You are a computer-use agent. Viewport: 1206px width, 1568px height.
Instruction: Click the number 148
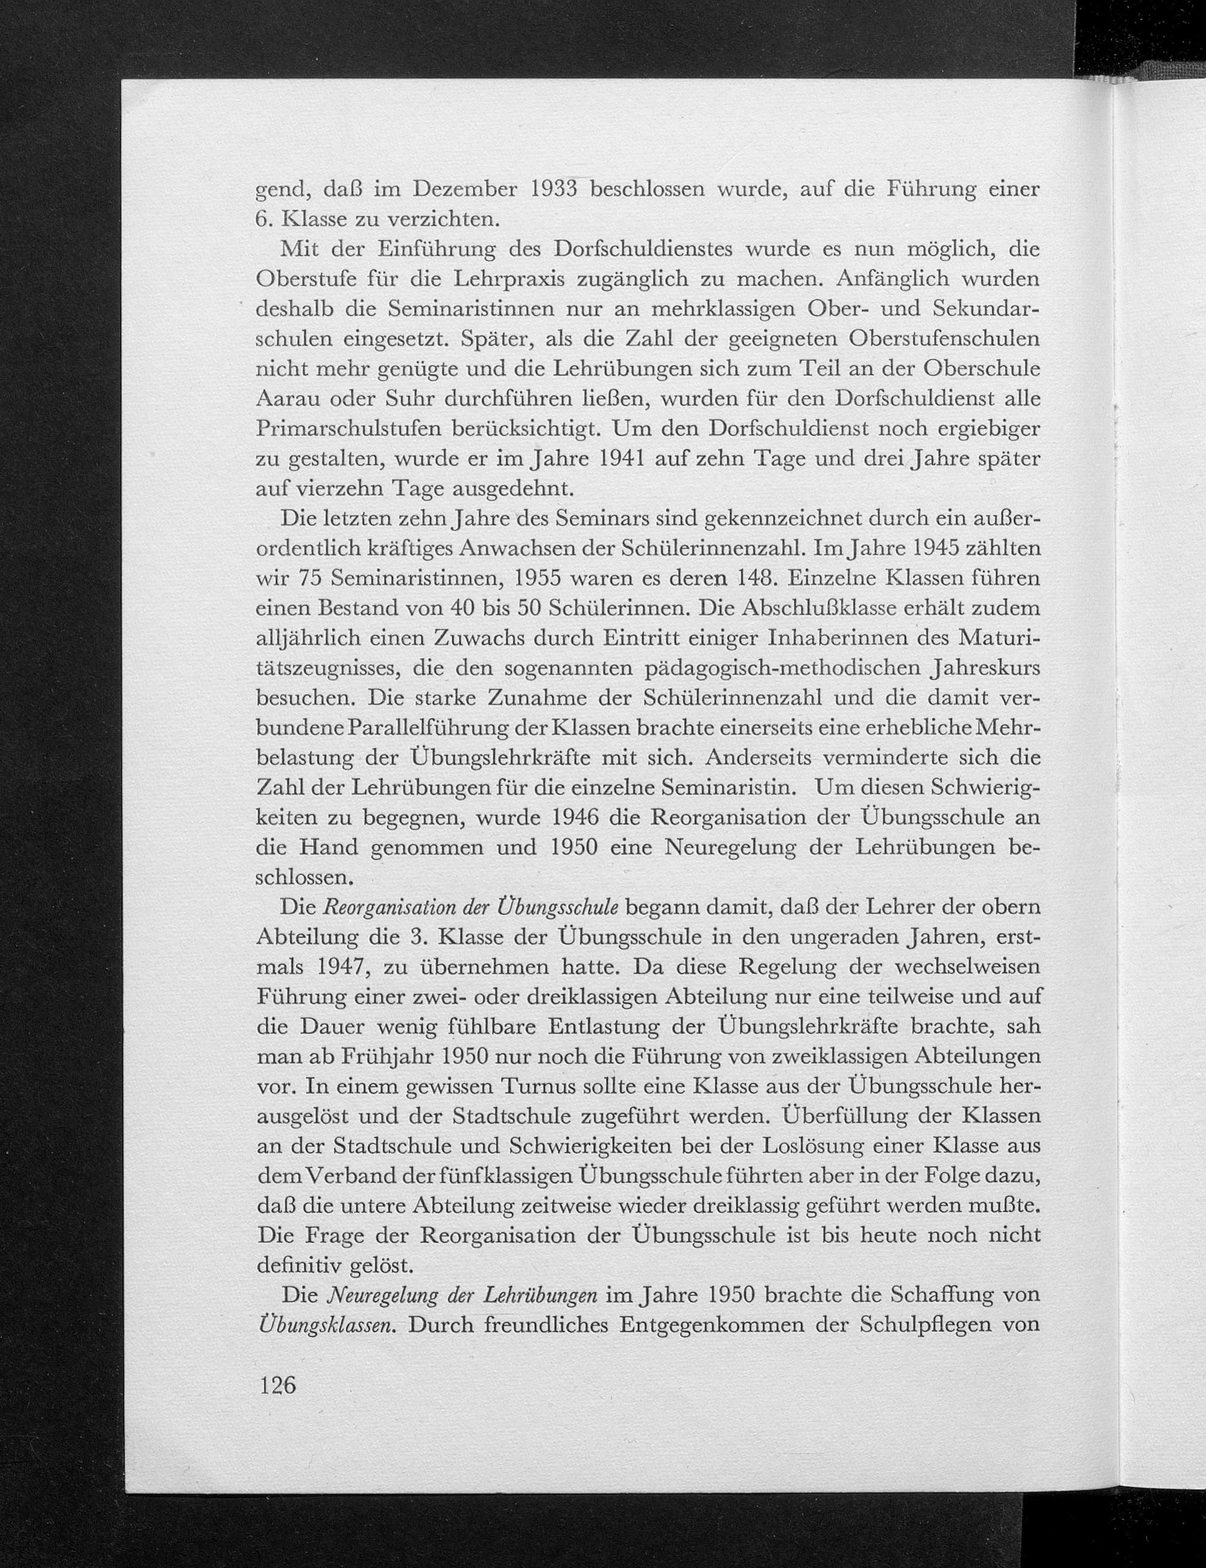coord(750,578)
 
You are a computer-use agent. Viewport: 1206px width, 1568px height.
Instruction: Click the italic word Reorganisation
coord(392,908)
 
